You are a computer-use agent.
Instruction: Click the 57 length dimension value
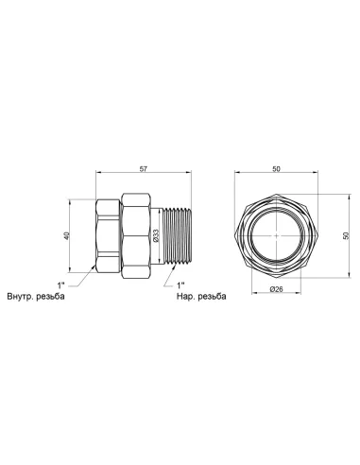click(144, 169)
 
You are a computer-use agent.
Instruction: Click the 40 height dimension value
click(66, 235)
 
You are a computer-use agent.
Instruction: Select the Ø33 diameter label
click(156, 235)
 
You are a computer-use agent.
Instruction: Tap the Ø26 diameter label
click(276, 289)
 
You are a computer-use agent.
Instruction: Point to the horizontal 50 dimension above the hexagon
click(276, 169)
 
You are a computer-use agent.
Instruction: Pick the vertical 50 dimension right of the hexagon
click(346, 235)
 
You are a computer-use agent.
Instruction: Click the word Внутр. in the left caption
click(21, 297)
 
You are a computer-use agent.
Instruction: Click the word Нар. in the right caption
click(185, 297)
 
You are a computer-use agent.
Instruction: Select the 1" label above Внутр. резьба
click(60, 285)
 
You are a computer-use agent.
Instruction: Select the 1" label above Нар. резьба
click(180, 285)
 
